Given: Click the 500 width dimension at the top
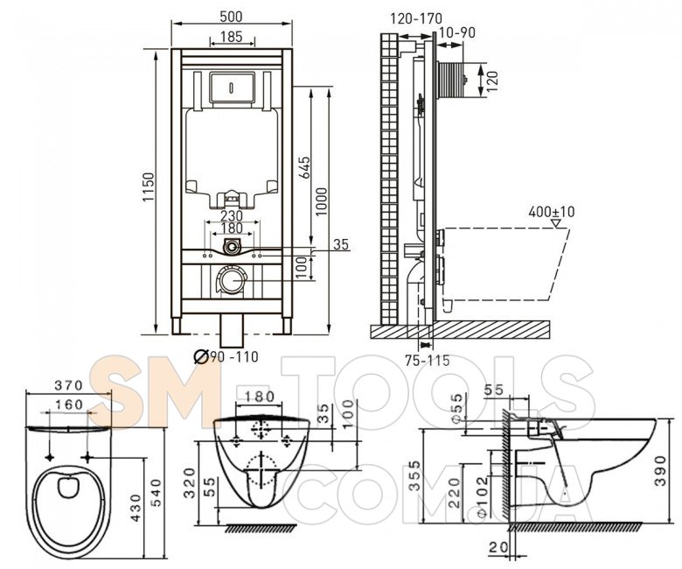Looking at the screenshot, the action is pos(232,16).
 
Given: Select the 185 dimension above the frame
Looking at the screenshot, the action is pos(232,37).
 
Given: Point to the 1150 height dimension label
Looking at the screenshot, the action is pos(149,187).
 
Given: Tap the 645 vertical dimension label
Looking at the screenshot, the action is pos(305,167).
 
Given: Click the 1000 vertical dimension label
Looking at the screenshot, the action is pos(321,201).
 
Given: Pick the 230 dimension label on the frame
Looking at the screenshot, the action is pos(232,215).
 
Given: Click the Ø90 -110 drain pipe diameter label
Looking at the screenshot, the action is pos(226,357).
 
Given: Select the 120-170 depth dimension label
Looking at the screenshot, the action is pos(416,18).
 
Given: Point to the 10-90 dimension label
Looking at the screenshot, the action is pos(456,33).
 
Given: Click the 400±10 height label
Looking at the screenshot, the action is pos(552,212).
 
